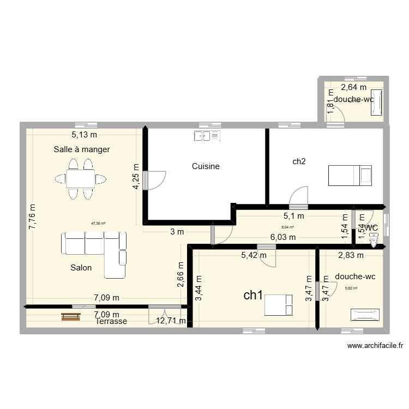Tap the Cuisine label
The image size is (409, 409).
click(206, 166)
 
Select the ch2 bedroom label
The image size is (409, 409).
click(299, 161)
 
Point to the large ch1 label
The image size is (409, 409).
click(254, 295)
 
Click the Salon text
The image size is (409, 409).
click(81, 268)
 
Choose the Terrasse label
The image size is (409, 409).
click(111, 322)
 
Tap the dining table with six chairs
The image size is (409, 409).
click(80, 178)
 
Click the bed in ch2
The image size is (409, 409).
click(350, 175)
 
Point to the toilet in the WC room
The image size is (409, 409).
click(374, 238)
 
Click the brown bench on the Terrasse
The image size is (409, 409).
click(71, 317)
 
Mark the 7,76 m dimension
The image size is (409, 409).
click(33, 216)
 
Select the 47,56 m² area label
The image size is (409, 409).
click(98, 223)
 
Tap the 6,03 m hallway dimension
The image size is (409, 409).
click(283, 237)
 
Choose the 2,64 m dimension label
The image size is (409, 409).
click(354, 87)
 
